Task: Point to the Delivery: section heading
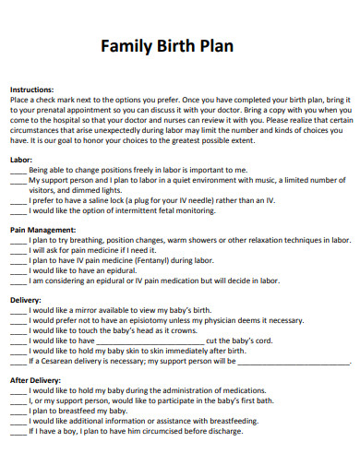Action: pos(27,299)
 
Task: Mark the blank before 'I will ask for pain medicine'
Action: pos(18,251)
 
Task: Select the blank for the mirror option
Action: pos(18,312)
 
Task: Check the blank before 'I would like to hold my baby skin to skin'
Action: pos(18,352)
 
